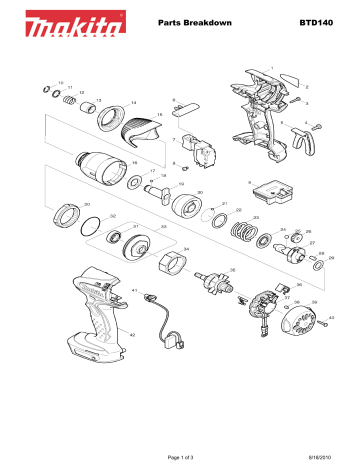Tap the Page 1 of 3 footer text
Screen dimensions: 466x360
coord(178,456)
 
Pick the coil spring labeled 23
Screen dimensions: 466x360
coord(241,234)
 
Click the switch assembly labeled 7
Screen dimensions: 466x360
coord(203,155)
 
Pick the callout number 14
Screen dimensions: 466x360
coord(133,103)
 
